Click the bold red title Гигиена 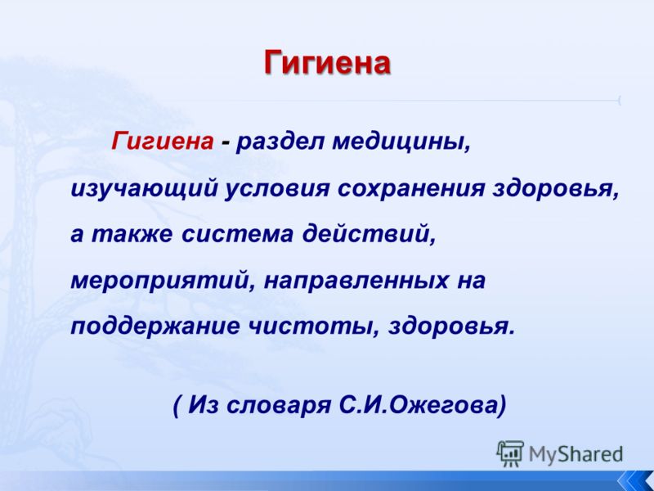click(328, 63)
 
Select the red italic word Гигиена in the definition click(162, 141)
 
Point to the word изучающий click(145, 189)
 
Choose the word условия click(277, 189)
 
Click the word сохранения click(411, 189)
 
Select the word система click(237, 234)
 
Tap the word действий click(370, 234)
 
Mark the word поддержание click(155, 326)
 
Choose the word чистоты click(315, 326)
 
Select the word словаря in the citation click(279, 405)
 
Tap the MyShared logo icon click(510, 453)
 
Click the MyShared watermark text click(576, 454)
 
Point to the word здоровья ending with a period click(452, 326)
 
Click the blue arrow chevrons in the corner click(635, 480)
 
